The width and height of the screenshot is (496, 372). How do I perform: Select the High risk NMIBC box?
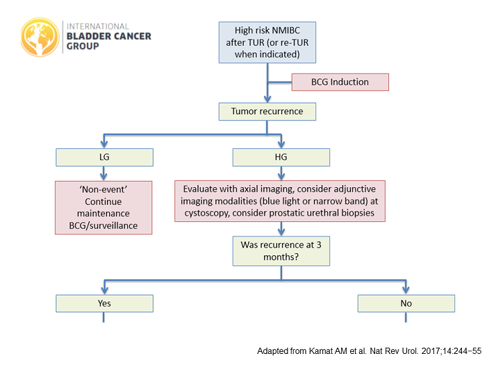267,41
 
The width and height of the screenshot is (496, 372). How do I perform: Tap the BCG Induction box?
340,82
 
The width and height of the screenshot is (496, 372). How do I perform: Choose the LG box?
104,158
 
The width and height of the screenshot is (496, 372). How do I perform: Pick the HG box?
281,158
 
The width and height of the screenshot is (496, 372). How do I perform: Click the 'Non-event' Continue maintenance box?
104,207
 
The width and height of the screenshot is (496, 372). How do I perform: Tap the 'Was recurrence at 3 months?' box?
281,251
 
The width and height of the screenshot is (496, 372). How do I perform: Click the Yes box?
104,303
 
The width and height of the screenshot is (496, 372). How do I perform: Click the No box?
406,303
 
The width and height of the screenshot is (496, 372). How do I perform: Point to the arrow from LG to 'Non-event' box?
104,174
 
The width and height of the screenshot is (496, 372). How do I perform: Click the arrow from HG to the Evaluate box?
281,174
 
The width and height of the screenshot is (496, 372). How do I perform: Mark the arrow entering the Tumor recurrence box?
267,97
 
